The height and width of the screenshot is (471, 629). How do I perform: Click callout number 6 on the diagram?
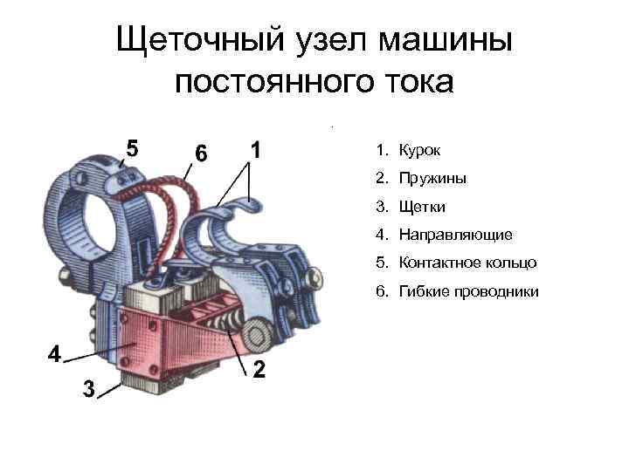(x=201, y=154)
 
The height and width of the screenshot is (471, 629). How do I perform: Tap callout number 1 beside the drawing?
(x=255, y=149)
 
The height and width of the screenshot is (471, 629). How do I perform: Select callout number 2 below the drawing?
(x=259, y=370)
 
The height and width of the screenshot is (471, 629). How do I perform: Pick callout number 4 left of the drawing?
(x=54, y=354)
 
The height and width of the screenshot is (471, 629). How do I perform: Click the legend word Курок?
(x=420, y=151)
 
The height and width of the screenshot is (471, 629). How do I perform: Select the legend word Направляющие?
(x=456, y=235)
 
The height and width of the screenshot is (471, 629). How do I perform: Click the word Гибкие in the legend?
(x=421, y=290)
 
